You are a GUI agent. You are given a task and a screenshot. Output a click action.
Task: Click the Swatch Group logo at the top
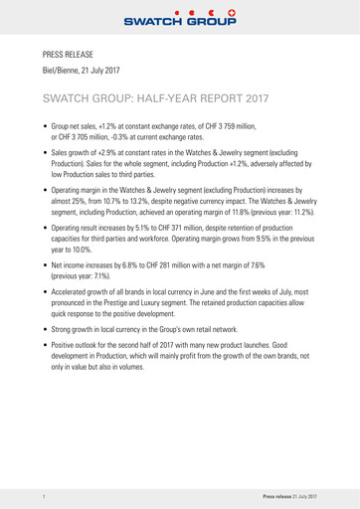coord(180,15)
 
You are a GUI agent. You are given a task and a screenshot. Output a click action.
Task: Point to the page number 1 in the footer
coord(45,494)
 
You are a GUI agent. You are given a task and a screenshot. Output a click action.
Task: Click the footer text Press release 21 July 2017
coord(289,494)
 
